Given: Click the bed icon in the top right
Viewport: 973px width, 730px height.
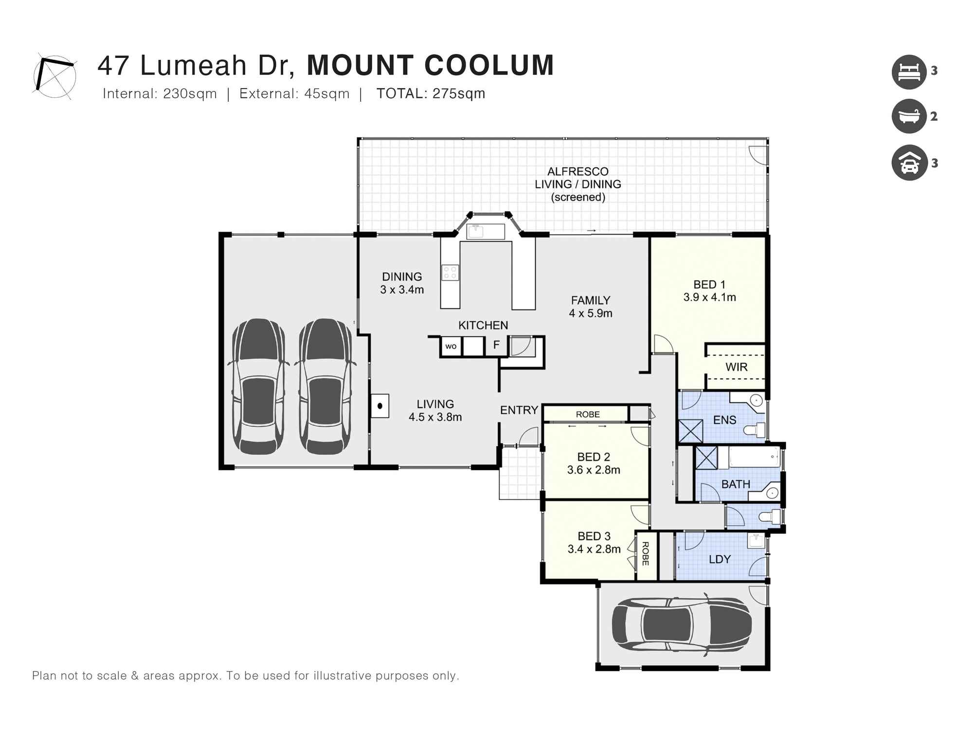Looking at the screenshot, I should pos(909,72).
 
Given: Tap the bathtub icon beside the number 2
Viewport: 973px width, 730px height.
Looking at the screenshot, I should pos(909,116).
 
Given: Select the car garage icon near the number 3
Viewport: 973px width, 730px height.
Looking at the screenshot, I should pos(909,163).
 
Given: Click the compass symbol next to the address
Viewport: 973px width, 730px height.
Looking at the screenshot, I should pos(54,76).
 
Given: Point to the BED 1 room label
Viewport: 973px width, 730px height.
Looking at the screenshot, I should pos(709,285).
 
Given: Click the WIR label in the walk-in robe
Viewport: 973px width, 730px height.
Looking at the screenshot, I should pos(736,367).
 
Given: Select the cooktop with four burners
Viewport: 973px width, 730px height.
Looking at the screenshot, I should pos(450,273).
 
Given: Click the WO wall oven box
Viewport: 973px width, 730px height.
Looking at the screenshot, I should pos(451,347).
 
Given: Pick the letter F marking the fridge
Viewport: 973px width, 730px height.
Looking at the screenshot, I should pos(496,345).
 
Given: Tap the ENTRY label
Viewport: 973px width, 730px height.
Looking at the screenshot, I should pos(519,410).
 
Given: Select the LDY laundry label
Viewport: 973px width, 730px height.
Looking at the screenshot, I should pos(720,559).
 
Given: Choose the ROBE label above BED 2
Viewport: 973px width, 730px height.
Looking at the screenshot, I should pos(588,415).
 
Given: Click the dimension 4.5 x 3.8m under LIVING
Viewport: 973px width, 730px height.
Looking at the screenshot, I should pos(435,417).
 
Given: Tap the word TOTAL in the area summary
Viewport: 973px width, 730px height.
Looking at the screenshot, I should pos(402,93).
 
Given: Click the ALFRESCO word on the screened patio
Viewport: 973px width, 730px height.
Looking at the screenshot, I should pos(577,172).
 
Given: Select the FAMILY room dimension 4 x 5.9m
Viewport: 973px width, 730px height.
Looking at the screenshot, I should pos(590,313).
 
